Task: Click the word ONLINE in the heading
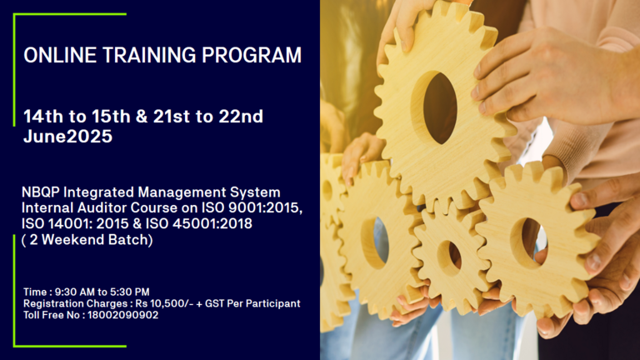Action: tap(60, 55)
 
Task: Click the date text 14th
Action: tap(43, 117)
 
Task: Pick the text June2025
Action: tap(67, 136)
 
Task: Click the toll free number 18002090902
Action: tap(122, 315)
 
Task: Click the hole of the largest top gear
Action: tap(439, 108)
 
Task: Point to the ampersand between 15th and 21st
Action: tap(142, 117)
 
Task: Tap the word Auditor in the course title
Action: tap(102, 207)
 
